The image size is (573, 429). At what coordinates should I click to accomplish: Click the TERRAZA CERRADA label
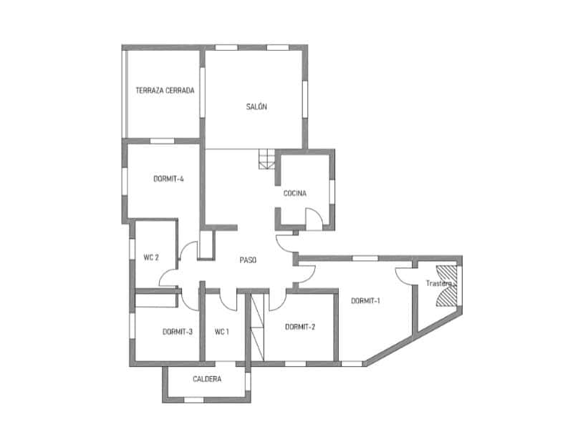[165, 91]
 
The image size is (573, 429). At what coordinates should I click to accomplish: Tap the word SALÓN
[256, 107]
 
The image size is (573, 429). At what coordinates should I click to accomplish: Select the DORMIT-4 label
[168, 179]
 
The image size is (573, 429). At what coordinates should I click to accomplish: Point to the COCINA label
[295, 193]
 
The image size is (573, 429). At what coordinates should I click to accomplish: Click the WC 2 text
[151, 257]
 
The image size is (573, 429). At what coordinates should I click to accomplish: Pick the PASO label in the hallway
[248, 260]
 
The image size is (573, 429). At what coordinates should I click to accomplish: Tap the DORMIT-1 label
[365, 300]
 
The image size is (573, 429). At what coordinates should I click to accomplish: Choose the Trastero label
[439, 283]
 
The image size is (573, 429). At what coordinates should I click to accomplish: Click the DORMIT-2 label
[299, 327]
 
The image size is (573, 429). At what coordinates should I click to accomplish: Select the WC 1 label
[222, 332]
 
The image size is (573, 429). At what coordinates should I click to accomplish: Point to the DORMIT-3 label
[177, 332]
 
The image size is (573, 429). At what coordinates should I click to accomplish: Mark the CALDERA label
[207, 379]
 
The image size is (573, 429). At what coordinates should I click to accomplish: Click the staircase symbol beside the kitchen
[267, 159]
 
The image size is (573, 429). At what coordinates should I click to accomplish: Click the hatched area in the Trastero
[446, 285]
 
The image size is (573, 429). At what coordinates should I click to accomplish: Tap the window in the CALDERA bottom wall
[193, 400]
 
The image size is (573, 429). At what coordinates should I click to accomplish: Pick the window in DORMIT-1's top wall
[365, 258]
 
